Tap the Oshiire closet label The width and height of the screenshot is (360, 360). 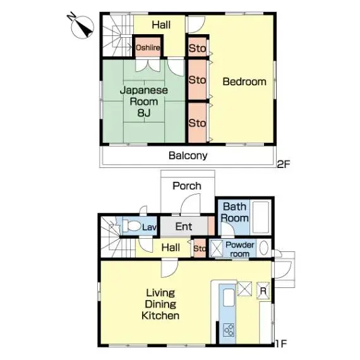click(148, 47)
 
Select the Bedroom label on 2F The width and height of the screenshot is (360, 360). click(244, 81)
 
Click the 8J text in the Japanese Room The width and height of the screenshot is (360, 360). click(144, 112)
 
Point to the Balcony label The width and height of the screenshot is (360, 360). click(188, 155)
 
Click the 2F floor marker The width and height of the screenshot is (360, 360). click(284, 164)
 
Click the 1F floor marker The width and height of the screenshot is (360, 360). click(281, 344)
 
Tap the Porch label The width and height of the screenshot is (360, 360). click(187, 186)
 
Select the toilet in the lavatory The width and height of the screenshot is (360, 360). click(131, 226)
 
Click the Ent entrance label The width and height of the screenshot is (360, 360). click(184, 227)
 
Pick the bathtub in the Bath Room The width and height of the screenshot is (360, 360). click(261, 217)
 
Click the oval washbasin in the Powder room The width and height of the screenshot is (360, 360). click(264, 248)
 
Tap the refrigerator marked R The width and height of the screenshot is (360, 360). click(263, 291)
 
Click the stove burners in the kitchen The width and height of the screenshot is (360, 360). click(229, 330)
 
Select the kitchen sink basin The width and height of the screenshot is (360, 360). click(229, 297)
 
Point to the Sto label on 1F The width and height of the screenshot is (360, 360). click(200, 248)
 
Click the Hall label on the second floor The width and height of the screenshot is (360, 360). click(161, 25)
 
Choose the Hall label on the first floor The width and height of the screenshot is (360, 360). click(171, 248)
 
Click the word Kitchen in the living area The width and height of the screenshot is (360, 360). click(160, 316)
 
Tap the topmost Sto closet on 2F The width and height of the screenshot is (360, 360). click(197, 48)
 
